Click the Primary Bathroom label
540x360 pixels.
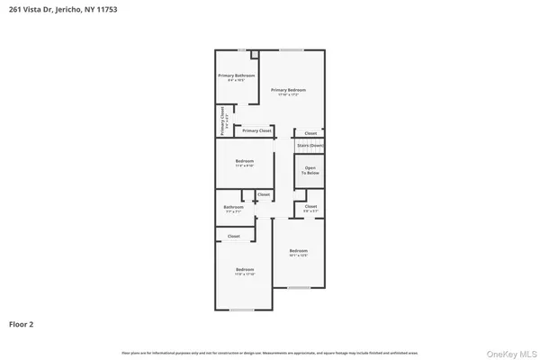pos(237,76)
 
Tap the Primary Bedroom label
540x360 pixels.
pos(289,90)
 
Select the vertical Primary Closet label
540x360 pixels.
pos(223,121)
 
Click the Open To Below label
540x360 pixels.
pos(310,170)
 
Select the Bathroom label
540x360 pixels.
pos(234,208)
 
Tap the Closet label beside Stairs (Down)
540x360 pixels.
pos(310,132)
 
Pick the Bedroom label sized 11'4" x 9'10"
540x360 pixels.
pos(245,163)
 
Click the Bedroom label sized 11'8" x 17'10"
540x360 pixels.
pos(245,271)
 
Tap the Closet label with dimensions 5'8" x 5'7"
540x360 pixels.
pos(310,208)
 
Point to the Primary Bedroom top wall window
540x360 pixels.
pos(291,49)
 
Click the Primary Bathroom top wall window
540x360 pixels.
pos(241,49)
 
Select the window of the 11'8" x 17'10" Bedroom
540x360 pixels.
pos(241,310)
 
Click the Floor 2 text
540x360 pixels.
pos(22,323)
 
